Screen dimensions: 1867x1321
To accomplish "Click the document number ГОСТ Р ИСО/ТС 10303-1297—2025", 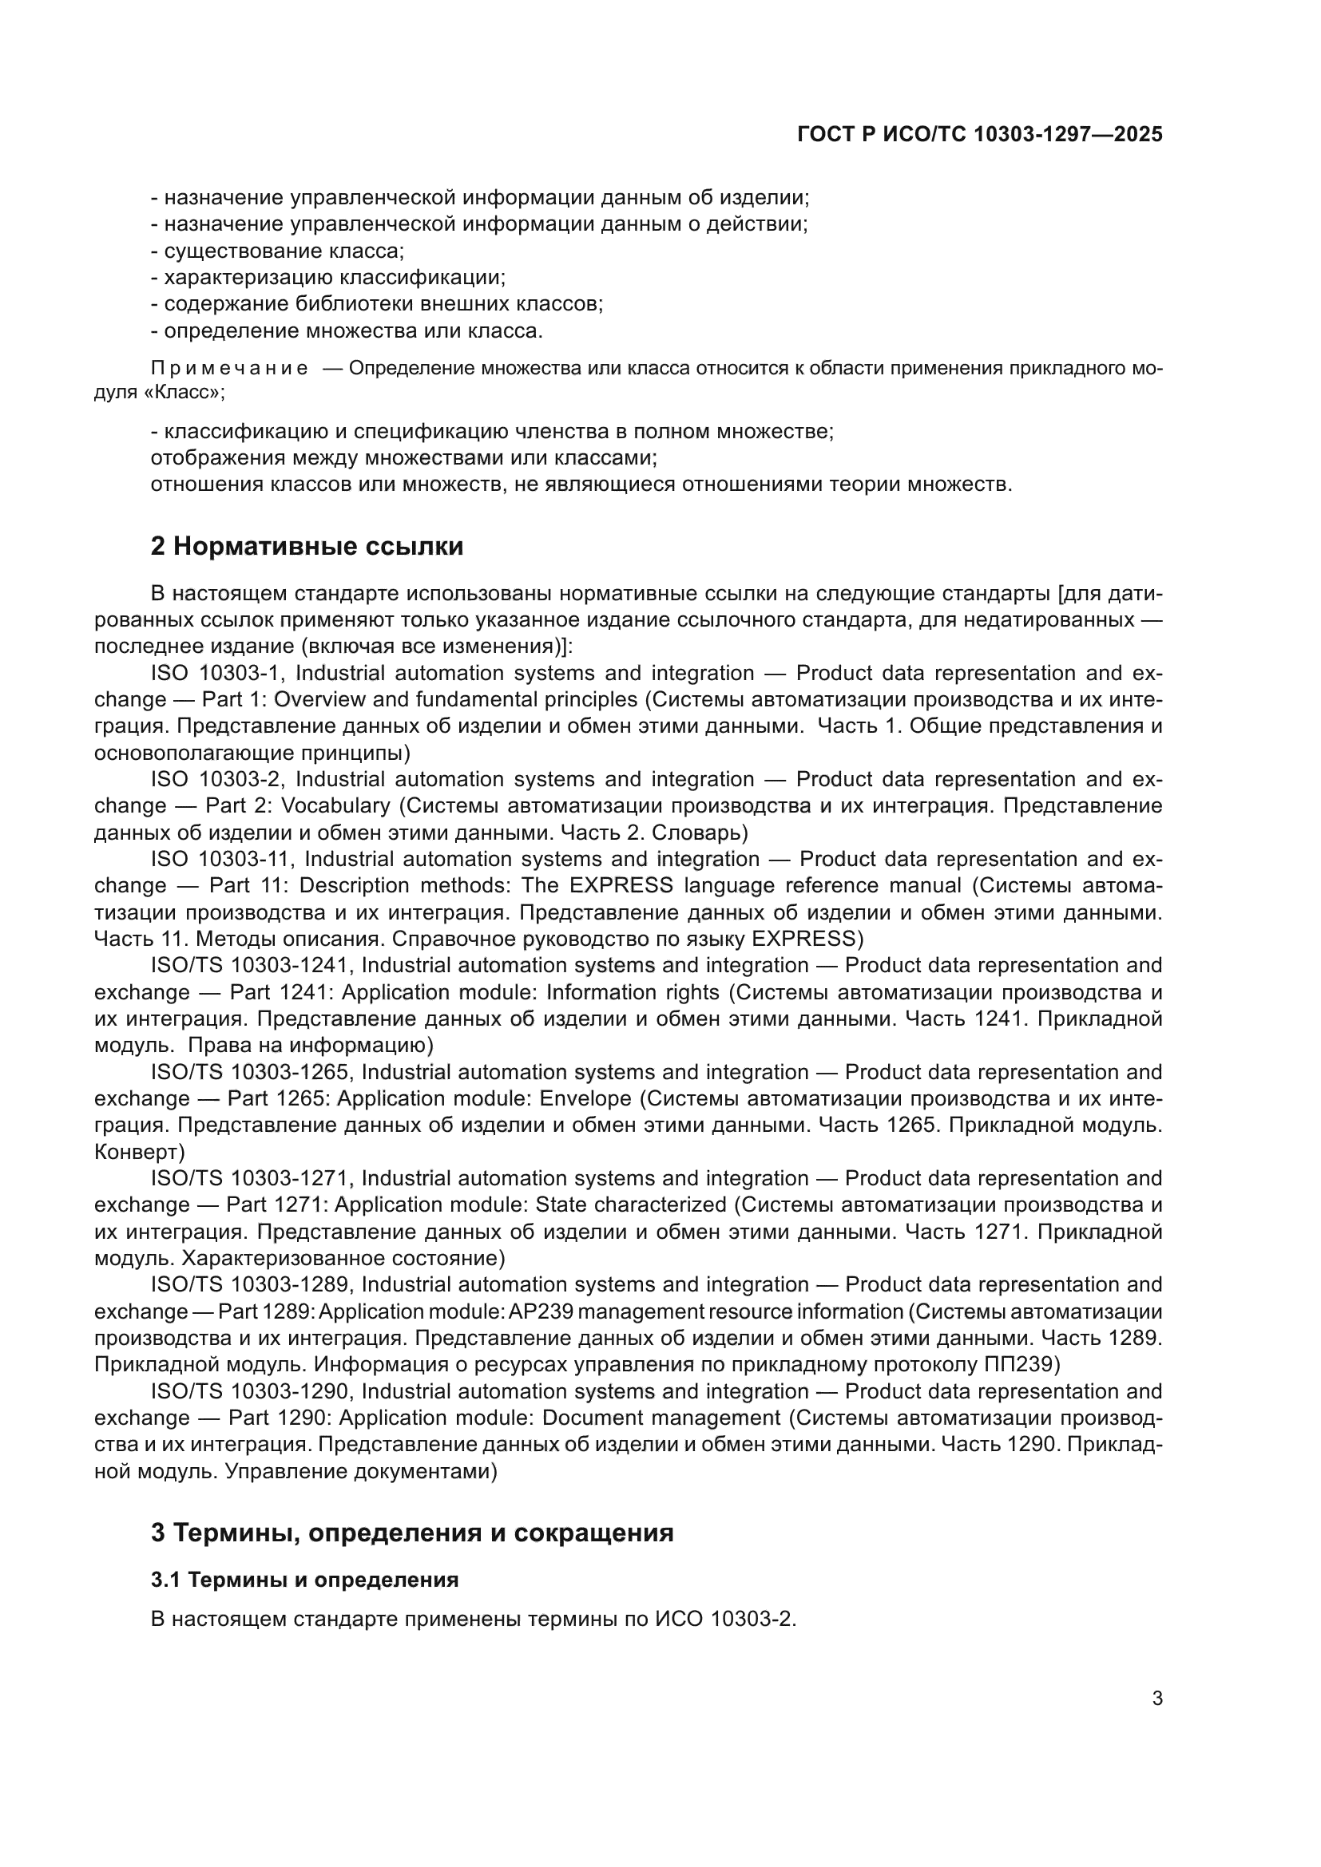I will (979, 134).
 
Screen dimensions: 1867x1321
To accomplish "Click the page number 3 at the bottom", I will (1156, 1698).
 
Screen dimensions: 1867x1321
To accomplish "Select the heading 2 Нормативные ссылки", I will (307, 547).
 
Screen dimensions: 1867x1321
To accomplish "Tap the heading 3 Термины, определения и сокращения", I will (411, 1533).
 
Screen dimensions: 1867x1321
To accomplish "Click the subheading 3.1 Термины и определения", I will (304, 1580).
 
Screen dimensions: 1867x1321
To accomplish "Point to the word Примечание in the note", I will (229, 368).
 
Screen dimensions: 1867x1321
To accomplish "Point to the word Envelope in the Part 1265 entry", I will (585, 1099).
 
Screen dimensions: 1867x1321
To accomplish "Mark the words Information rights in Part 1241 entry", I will (632, 993).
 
